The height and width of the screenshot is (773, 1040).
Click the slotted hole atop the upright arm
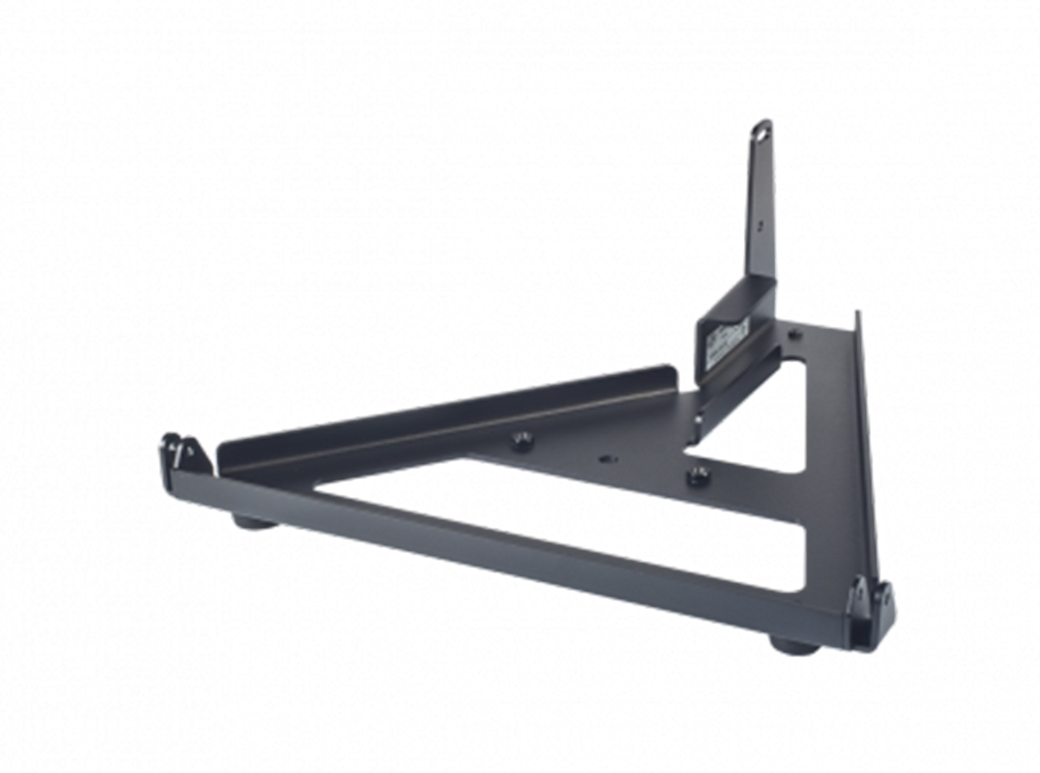(x=764, y=135)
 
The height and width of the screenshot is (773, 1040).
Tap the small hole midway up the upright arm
(x=761, y=224)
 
